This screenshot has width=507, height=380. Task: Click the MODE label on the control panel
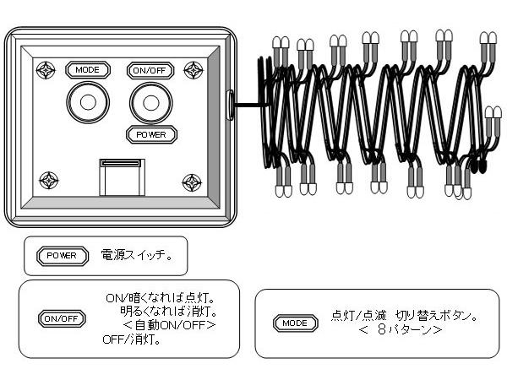tap(87, 70)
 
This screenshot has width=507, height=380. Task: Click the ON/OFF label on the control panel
tap(150, 71)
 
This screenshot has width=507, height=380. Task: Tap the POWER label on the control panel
tap(151, 133)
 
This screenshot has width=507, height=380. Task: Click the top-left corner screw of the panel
tap(46, 69)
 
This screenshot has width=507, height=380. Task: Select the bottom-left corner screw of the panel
tap(49, 180)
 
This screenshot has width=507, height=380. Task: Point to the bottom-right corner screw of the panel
tap(192, 181)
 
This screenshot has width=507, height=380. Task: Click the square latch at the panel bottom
tap(122, 176)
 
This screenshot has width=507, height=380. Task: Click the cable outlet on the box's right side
tap(230, 105)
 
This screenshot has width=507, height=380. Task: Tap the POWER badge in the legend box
tap(62, 255)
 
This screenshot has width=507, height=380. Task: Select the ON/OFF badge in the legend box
tap(63, 318)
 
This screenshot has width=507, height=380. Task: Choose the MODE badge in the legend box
tap(295, 323)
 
